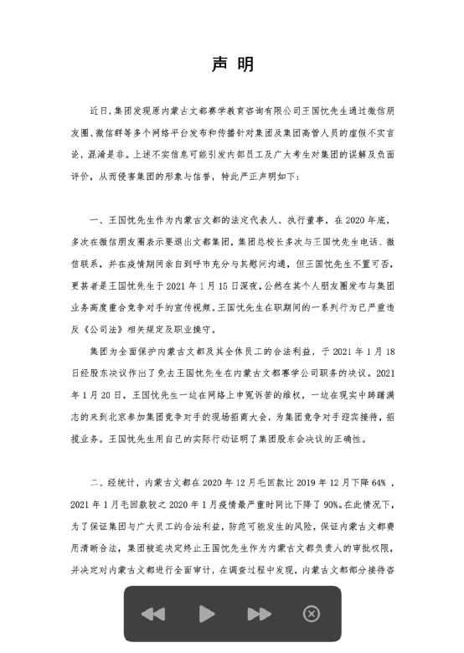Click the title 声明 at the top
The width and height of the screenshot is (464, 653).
pyautogui.click(x=232, y=65)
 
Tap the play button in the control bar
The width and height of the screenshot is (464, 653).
pyautogui.click(x=207, y=614)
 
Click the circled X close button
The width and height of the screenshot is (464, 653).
pyautogui.click(x=311, y=614)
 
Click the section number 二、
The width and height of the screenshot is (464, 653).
pyautogui.click(x=95, y=483)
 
